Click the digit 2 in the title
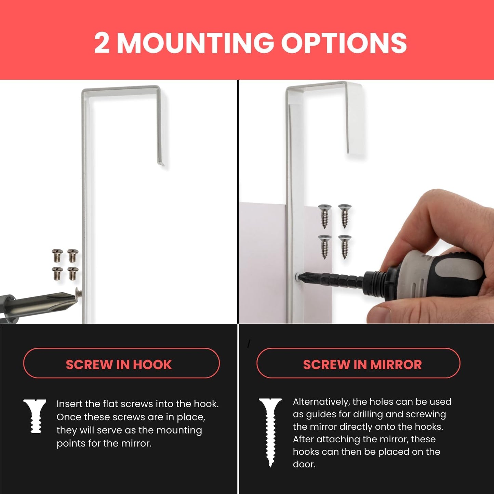coord(102,43)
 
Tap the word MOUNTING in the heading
coord(195,43)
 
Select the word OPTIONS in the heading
coord(344,43)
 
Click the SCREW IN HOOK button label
coord(119,365)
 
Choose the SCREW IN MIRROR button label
coord(362,365)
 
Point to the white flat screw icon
coord(35,416)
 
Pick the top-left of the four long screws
coord(324,216)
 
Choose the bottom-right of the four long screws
coord(345,246)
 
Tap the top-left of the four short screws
coord(57,255)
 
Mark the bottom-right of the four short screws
coord(73,273)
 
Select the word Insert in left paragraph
coord(69,404)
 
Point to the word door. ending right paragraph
coord(304,464)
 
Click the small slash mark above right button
coord(249,344)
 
